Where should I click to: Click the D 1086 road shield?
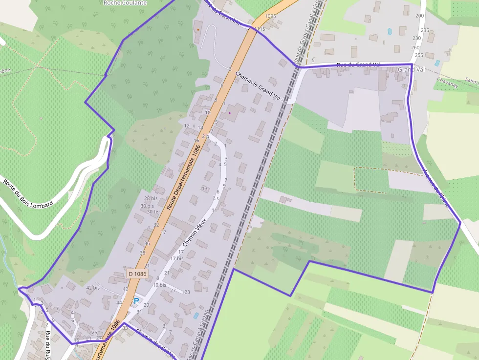click(x=138, y=274)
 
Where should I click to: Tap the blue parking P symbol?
click(x=136, y=301)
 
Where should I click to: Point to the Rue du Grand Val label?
click(x=358, y=65)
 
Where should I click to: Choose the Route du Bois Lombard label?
click(x=28, y=194)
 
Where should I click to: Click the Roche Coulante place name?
click(x=125, y=2)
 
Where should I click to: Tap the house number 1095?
click(x=270, y=16)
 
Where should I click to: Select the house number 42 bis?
click(x=93, y=288)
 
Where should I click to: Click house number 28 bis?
click(x=151, y=198)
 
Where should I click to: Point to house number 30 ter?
click(x=153, y=212)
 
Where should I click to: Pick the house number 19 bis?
click(x=159, y=285)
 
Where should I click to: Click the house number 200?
click(x=419, y=16)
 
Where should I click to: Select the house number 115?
click(x=261, y=29)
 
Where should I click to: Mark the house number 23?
click(x=187, y=292)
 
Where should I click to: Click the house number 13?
click(x=204, y=189)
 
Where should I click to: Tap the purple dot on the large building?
click(x=229, y=113)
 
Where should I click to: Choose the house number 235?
click(x=424, y=30)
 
